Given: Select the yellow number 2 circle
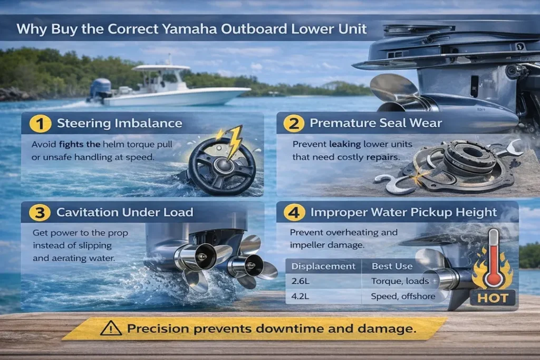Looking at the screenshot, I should click(293, 124).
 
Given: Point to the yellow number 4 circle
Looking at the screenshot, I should click(294, 213).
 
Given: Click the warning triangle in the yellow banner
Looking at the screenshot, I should click(111, 329).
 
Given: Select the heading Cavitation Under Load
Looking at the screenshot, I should click(125, 213).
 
